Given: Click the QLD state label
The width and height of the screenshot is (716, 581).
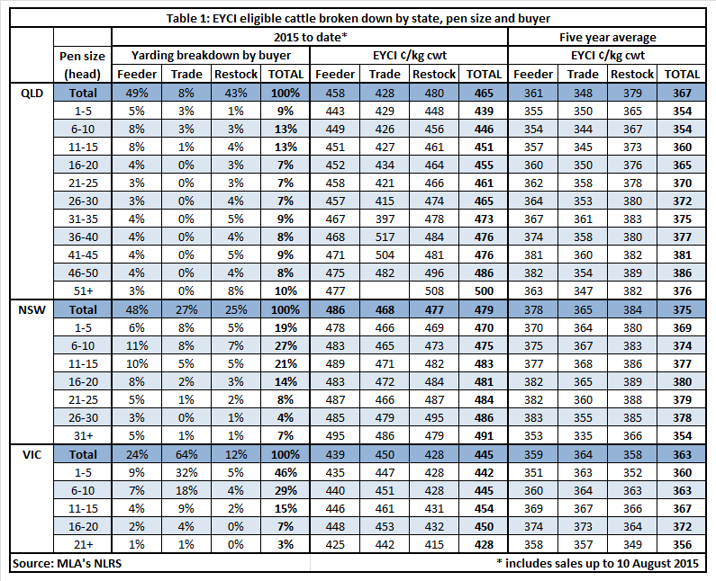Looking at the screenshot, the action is pos(32,93).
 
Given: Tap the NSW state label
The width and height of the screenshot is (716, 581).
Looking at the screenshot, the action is pos(32,310).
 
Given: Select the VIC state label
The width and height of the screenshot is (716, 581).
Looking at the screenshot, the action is pos(32,455).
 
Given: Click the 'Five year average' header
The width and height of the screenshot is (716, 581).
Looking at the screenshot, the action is pos(607,38).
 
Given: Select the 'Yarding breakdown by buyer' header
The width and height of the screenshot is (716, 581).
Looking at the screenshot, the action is pos(211,56).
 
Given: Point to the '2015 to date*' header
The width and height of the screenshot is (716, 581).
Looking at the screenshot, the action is pos(311,38).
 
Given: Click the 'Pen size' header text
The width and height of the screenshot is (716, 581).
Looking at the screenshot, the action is pos(82,56).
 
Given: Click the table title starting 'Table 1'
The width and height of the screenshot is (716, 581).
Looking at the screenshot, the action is pos(358,18).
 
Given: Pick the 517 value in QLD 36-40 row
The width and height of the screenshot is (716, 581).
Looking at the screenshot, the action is pos(385,237).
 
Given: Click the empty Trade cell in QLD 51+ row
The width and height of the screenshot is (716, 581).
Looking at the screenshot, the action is pos(385,291).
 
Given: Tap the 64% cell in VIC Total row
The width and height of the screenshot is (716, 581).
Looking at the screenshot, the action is pos(186,455).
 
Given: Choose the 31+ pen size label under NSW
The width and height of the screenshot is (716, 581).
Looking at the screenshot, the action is pos(83,436).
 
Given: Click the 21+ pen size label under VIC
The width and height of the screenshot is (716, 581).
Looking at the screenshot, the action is pos(83,544).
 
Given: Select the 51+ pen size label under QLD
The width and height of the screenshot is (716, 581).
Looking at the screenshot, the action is pos(83,291).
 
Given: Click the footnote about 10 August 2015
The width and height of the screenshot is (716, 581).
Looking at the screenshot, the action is pos(598,563).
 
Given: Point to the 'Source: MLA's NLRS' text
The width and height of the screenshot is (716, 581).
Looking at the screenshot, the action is pos(68,564).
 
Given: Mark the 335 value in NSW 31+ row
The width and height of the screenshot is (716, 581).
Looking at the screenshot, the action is pos(583,436).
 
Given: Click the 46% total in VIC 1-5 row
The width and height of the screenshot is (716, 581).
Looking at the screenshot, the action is pos(285,472).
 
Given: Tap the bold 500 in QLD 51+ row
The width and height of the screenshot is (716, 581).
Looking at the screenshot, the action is pos(484,291).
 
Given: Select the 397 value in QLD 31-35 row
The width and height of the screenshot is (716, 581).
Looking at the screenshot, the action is pos(385,219).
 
